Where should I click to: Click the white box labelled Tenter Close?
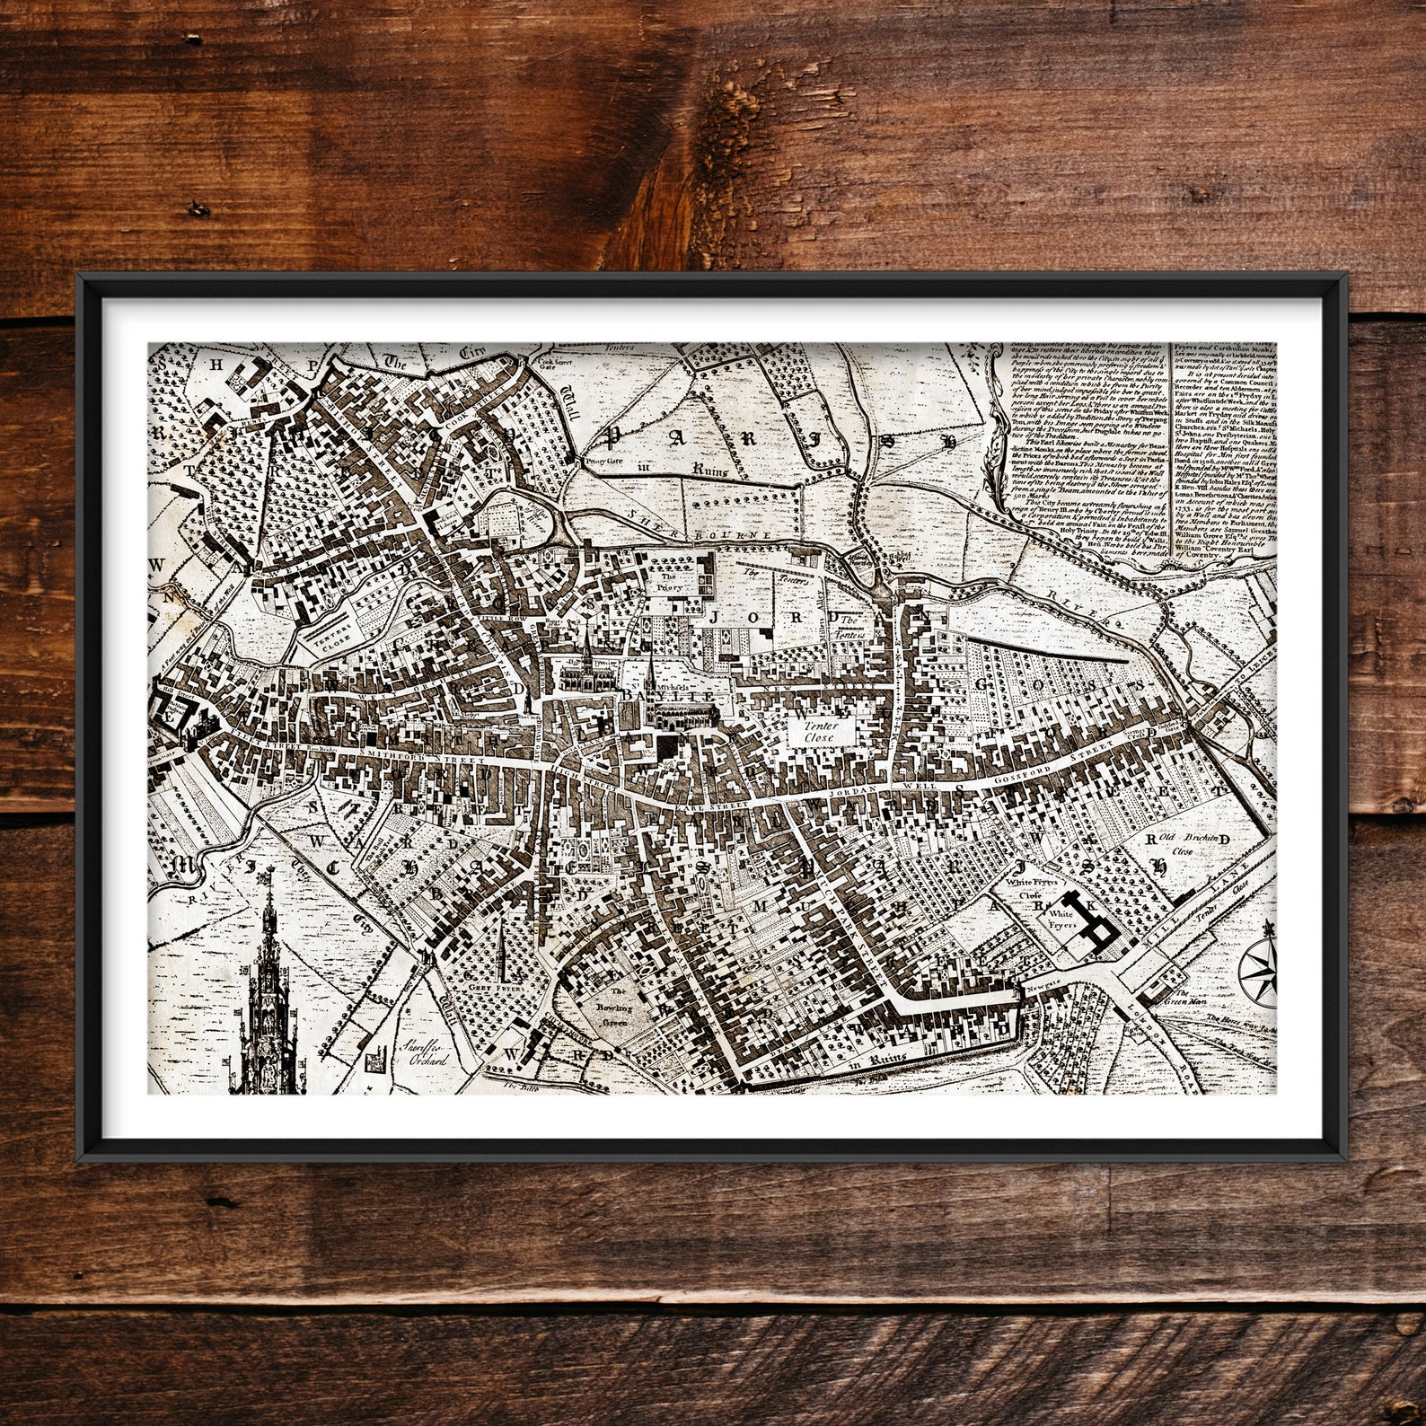(818, 731)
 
